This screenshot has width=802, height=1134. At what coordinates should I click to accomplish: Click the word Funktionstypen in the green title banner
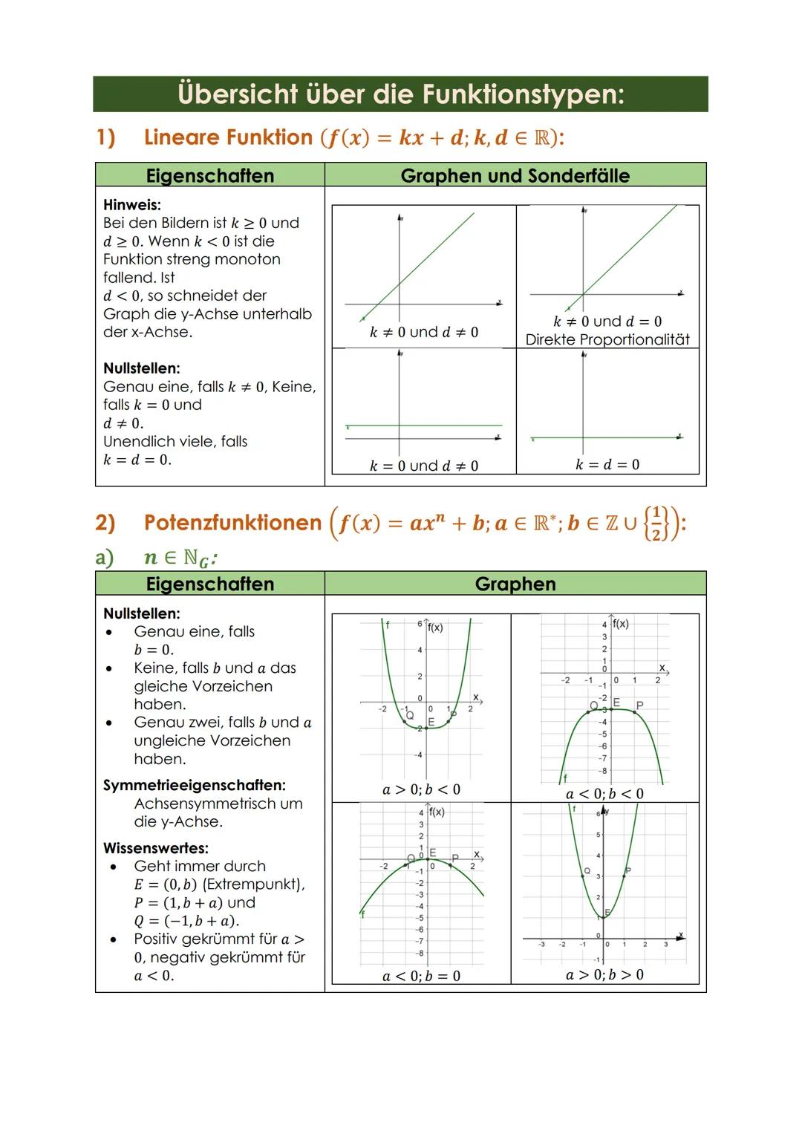523,94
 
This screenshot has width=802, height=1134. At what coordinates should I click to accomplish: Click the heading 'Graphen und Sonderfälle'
515,176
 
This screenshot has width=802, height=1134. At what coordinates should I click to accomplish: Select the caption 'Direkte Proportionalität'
607,339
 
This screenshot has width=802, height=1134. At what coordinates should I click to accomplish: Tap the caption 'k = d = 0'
607,465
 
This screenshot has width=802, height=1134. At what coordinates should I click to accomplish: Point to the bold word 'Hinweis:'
132,204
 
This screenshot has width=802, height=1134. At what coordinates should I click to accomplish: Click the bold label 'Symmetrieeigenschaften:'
195,785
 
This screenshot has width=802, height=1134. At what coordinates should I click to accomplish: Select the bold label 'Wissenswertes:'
156,848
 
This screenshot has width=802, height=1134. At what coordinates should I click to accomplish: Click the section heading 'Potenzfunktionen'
232,523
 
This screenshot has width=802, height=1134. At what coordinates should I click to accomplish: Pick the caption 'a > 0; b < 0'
421,789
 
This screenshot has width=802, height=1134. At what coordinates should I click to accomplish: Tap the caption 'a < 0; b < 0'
604,794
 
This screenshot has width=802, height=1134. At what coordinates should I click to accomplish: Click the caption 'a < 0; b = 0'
421,976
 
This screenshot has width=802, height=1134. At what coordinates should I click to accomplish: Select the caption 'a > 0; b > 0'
604,975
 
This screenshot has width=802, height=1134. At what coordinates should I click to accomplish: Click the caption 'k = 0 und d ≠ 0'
423,466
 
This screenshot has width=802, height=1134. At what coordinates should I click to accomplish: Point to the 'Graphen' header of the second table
515,584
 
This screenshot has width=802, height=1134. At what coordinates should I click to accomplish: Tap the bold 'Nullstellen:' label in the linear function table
142,368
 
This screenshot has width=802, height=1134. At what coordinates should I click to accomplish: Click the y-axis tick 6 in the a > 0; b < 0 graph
420,624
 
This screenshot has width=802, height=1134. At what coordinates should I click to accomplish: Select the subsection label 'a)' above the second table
105,558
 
